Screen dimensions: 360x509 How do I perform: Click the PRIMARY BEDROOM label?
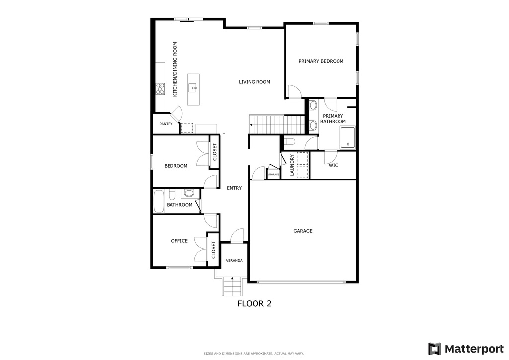point(321,61)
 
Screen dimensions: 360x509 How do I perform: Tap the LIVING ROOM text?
point(254,82)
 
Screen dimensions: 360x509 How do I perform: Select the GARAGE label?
point(303,231)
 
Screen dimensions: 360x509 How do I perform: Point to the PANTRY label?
point(166,124)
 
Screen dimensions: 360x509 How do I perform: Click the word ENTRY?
point(234,188)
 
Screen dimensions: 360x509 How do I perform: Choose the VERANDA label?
point(234,261)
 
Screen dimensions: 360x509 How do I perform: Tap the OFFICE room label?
point(179,241)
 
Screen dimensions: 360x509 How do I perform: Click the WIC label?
point(333,165)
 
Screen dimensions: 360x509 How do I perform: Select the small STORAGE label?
point(273,175)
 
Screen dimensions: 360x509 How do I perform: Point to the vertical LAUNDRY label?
point(292,165)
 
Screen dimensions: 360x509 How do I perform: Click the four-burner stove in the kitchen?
point(161,89)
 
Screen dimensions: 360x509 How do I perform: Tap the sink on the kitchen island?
point(194,88)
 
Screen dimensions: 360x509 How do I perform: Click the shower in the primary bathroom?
point(348,138)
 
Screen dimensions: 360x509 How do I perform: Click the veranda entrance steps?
point(232,287)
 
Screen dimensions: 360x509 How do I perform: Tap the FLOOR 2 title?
point(254,303)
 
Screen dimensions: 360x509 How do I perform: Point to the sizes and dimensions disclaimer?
point(254,354)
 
